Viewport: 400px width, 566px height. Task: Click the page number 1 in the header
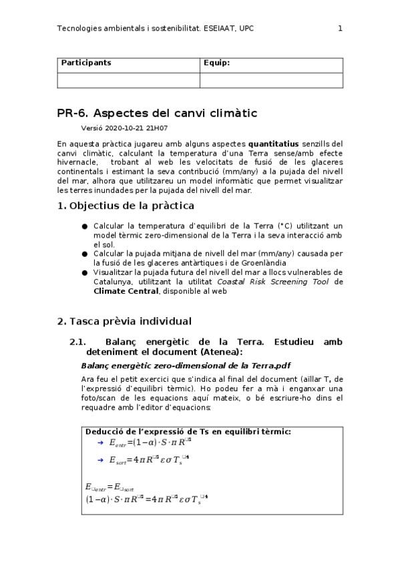click(340, 28)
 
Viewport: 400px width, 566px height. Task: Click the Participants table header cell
click(86, 63)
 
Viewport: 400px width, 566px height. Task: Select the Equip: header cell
click(216, 63)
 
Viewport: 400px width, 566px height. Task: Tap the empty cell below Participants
click(128, 80)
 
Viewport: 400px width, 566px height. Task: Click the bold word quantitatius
click(273, 144)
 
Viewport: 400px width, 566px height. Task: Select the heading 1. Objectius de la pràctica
click(126, 206)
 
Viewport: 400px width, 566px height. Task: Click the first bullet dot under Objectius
click(85, 226)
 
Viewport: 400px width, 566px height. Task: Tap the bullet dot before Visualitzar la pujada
click(85, 272)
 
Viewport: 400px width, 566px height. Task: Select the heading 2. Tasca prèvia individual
click(124, 321)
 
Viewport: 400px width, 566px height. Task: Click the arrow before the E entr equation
click(99, 442)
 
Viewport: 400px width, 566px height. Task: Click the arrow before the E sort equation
click(99, 459)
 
